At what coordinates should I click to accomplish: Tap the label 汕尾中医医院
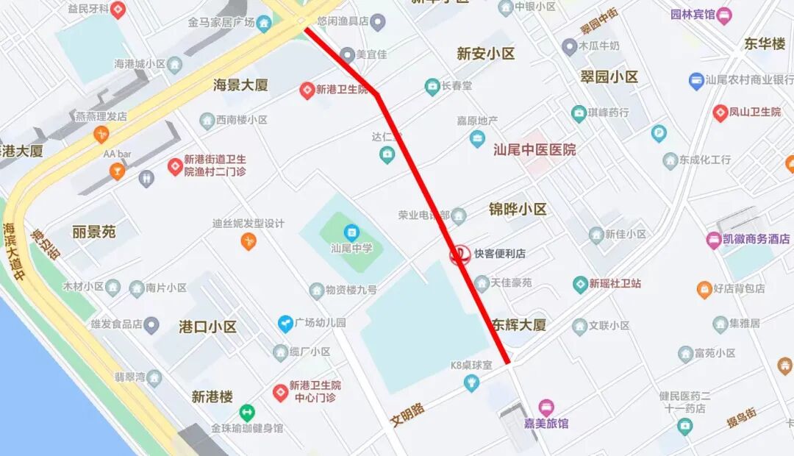[x=534, y=149]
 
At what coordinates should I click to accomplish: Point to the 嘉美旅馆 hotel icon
[x=546, y=407]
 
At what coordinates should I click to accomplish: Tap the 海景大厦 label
[x=241, y=85]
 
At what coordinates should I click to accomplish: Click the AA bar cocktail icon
[x=117, y=171]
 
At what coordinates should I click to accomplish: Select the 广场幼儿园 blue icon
[x=285, y=323]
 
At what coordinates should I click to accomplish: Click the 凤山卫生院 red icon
[x=720, y=113]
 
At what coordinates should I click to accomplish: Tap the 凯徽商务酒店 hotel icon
[x=713, y=239]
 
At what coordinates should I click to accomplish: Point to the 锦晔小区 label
[x=518, y=210]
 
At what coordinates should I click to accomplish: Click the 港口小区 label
[x=208, y=327]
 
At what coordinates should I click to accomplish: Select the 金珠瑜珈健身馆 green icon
[x=247, y=413]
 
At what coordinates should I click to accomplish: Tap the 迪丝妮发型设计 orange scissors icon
[x=248, y=241]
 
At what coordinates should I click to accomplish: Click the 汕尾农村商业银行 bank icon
[x=695, y=80]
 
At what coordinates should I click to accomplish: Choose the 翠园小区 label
[x=609, y=76]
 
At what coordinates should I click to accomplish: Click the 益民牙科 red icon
[x=118, y=10]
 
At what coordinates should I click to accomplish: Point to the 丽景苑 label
[x=94, y=232]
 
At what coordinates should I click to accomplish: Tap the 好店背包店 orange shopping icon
[x=704, y=289]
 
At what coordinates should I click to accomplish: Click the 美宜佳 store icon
[x=347, y=54]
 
